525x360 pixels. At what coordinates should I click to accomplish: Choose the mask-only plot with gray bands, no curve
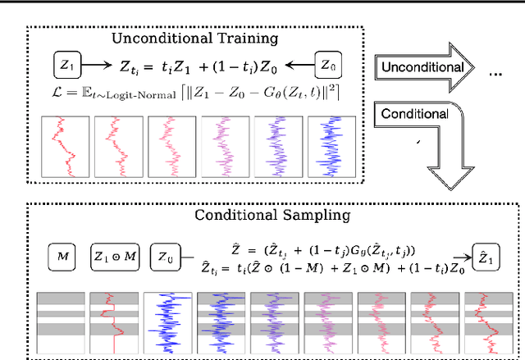[60, 321]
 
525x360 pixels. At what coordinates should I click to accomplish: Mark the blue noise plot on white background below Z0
[169, 321]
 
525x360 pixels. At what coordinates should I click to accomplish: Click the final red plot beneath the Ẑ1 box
[487, 321]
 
